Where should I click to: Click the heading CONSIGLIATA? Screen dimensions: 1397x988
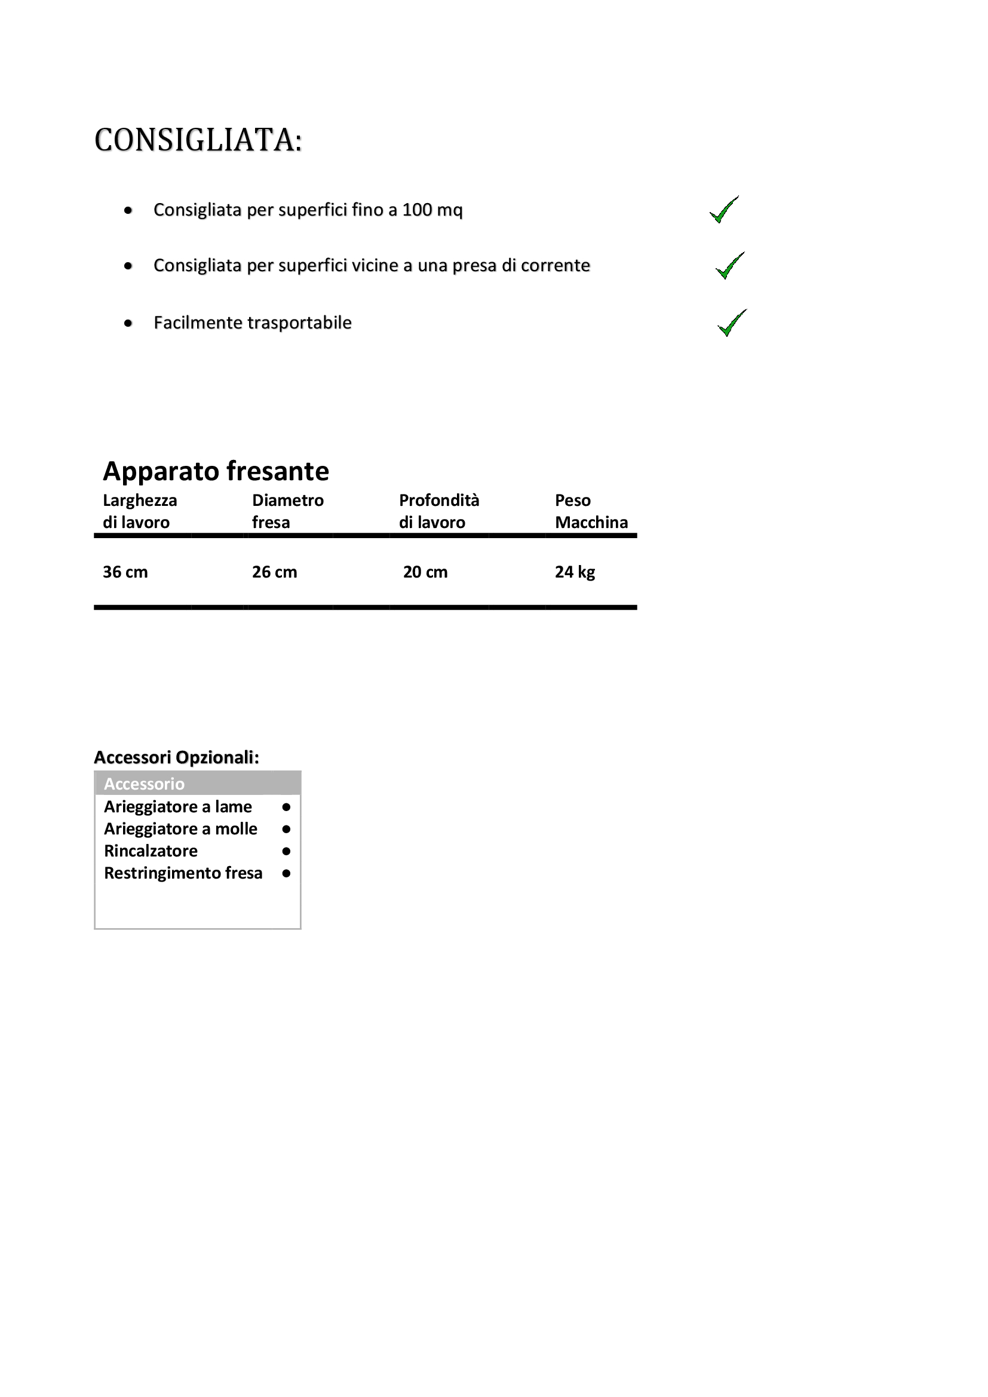[198, 140]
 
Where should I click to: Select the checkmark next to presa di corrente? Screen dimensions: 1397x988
[729, 266]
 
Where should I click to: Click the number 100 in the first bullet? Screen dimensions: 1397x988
[417, 210]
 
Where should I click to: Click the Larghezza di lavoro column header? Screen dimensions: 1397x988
[140, 511]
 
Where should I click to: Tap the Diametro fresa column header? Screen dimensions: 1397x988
[288, 511]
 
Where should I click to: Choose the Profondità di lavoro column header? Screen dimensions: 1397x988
[438, 511]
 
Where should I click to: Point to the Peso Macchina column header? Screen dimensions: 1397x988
[591, 511]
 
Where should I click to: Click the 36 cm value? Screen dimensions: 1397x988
[125, 572]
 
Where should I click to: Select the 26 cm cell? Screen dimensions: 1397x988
[274, 572]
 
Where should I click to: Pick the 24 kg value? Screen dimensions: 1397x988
[575, 572]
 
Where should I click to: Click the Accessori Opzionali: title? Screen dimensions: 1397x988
[176, 757]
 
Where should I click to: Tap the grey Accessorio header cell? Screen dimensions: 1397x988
[198, 784]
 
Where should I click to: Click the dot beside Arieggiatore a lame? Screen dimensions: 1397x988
[287, 808]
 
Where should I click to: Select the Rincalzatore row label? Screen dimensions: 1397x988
[151, 851]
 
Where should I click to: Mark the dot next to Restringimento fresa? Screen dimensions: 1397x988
[287, 874]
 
